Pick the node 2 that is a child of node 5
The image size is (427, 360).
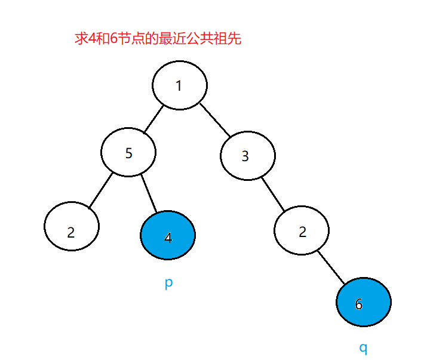coord(72,227)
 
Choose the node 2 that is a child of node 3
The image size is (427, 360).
coord(302,231)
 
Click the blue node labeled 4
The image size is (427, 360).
coord(168,236)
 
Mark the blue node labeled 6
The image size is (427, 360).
coord(363,303)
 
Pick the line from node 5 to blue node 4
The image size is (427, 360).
coord(149,192)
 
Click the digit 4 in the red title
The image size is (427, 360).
coord(91,40)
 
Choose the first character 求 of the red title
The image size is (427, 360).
coord(79,40)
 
